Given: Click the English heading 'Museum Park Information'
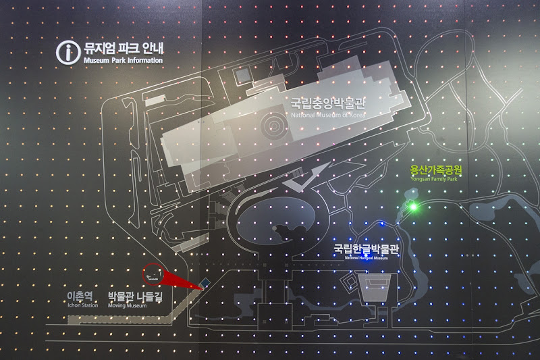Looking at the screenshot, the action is click(124, 61).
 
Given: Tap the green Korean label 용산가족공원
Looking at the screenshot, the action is click(437, 170).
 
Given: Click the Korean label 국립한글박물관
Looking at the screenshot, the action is click(367, 249).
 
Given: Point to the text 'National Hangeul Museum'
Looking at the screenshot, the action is click(367, 258).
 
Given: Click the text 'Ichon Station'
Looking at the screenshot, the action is click(82, 305).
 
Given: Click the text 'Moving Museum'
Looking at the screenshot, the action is click(127, 305).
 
